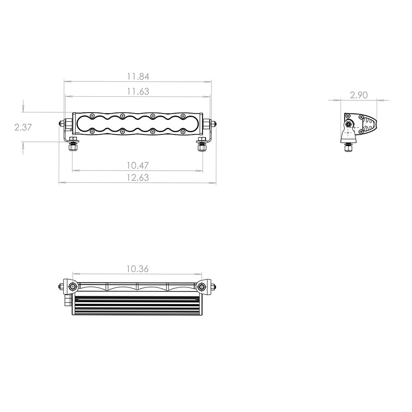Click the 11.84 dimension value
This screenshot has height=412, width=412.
(138, 76)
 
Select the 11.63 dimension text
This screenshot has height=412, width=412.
(138, 91)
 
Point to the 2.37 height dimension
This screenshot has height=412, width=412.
(23, 127)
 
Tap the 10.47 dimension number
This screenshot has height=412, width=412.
(137, 165)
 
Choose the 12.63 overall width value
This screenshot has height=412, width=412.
(137, 178)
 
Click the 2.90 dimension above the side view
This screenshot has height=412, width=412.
(359, 95)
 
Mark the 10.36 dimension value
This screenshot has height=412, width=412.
(137, 269)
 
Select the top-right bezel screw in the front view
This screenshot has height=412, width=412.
(183, 116)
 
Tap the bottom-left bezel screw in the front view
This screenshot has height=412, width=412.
(92, 131)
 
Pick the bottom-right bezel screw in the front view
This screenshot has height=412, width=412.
(183, 131)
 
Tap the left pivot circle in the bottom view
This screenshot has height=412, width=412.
(72, 287)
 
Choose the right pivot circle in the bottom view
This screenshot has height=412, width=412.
(201, 287)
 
